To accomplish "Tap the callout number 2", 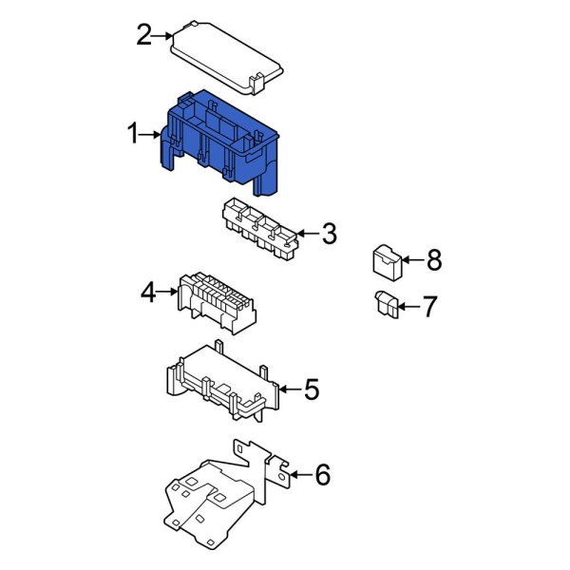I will (143, 36).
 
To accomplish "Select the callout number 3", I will (329, 233).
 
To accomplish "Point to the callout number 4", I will (147, 293).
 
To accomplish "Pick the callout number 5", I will (312, 389).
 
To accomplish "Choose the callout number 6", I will (322, 474).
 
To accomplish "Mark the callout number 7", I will (428, 306).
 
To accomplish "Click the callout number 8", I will (433, 258).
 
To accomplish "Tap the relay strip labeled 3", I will (256, 228).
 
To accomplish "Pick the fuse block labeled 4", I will (216, 299).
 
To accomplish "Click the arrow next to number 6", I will (299, 474).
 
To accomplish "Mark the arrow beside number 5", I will (290, 389).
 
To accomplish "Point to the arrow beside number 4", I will (168, 293).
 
